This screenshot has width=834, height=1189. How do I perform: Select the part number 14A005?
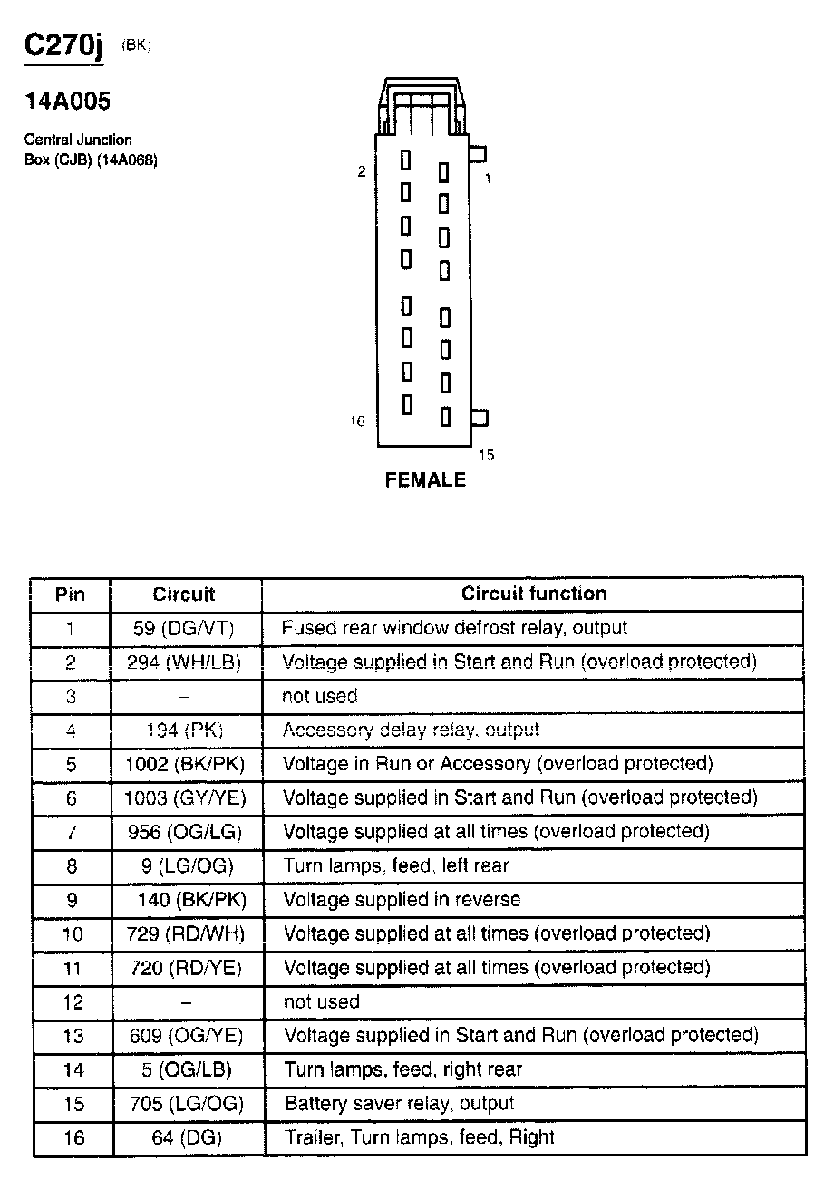(x=67, y=101)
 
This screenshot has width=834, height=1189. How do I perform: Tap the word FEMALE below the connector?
(x=425, y=480)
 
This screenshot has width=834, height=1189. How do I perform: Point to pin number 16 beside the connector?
(x=357, y=420)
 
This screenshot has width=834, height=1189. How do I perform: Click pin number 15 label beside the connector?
(x=486, y=455)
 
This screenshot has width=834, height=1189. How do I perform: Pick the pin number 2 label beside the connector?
(x=361, y=171)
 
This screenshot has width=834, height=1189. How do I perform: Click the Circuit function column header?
(x=534, y=594)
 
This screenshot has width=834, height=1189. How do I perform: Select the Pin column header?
(x=71, y=594)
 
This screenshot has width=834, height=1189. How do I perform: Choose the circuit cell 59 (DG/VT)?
(x=184, y=628)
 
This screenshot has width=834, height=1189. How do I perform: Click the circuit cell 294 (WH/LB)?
(x=184, y=662)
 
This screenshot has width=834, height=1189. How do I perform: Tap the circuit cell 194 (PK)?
(x=185, y=730)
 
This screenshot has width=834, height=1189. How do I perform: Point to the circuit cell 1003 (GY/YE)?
(x=185, y=798)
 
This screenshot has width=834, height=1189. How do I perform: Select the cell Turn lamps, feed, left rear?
(x=396, y=865)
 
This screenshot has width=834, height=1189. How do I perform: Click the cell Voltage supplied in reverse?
(x=402, y=900)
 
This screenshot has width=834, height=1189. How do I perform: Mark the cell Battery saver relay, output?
(x=399, y=1104)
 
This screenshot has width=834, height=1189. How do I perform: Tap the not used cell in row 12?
(x=322, y=1001)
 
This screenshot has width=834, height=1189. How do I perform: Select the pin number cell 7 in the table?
(x=72, y=832)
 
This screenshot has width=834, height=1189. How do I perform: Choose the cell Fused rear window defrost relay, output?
(x=454, y=628)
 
